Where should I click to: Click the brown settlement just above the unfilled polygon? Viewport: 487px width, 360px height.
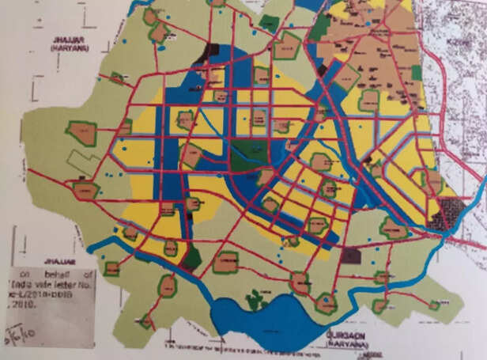81,133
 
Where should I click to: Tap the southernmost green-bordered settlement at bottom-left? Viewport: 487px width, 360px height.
146,320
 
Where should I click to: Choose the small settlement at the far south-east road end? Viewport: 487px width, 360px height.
434,305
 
